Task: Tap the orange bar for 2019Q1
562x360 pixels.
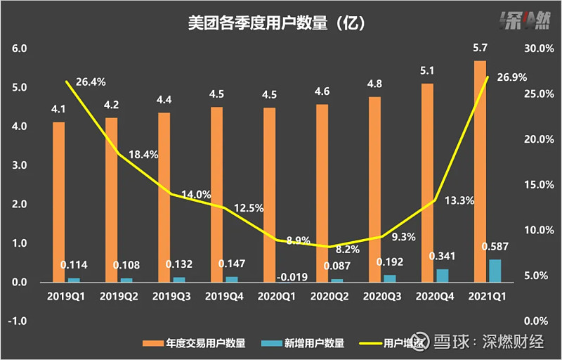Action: pos(58,202)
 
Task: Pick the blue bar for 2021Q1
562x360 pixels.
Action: pos(495,270)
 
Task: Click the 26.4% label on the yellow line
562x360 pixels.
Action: pos(90,82)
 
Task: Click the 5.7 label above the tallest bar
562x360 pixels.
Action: pos(480,49)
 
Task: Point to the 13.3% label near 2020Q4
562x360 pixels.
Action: pos(460,200)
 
